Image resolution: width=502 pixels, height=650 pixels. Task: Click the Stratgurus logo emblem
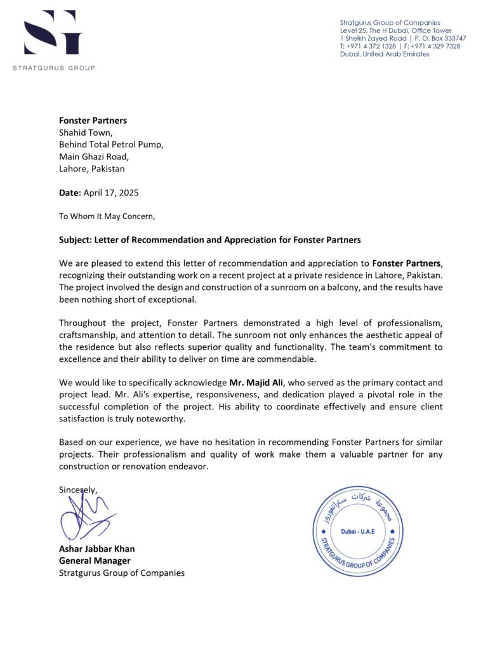click(53, 32)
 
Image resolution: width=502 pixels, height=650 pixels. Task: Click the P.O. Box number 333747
click(452, 38)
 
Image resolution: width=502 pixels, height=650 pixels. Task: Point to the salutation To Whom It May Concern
click(107, 216)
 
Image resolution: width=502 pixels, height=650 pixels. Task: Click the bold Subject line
click(209, 240)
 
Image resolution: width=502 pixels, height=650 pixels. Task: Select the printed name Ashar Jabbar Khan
click(96, 548)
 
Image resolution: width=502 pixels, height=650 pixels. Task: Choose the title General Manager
click(95, 560)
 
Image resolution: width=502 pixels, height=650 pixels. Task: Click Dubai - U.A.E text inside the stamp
click(359, 531)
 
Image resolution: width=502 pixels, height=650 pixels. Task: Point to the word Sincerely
click(78, 489)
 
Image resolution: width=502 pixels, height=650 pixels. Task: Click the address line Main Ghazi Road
click(94, 156)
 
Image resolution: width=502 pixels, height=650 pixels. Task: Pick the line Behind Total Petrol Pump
click(111, 144)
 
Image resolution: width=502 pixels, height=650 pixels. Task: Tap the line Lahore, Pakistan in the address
click(92, 169)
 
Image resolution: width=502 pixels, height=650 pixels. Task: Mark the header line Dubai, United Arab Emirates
click(385, 54)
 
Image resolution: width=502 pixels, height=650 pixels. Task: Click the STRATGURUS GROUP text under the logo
click(54, 68)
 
